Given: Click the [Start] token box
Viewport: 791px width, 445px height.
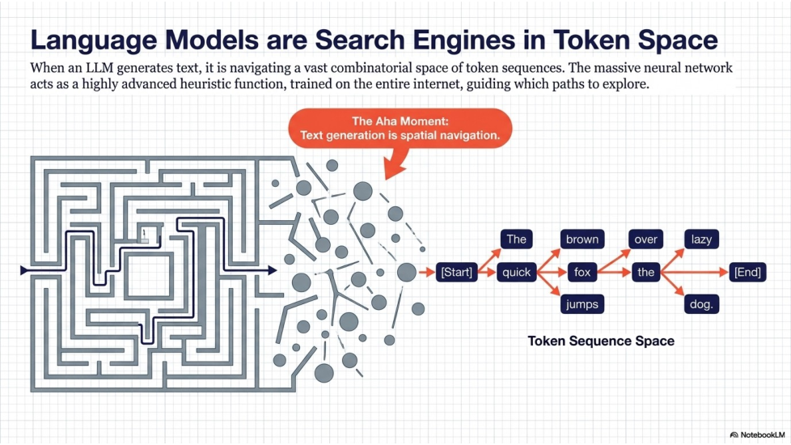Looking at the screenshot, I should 456,272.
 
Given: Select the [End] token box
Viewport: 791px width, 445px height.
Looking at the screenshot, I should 747,272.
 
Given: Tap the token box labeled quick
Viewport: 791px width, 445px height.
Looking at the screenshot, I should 517,272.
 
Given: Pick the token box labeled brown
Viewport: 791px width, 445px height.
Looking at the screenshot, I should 582,239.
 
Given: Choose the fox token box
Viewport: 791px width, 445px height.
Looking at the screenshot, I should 582,272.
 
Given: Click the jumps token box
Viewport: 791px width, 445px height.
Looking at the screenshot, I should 582,305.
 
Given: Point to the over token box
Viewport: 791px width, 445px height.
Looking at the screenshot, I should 645,239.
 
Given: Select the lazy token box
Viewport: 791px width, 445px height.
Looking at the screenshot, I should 700,239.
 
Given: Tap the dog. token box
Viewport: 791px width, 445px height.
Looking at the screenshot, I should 700,305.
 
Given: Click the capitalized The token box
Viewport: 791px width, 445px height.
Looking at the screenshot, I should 517,239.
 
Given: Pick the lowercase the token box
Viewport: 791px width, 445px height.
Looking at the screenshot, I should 645,272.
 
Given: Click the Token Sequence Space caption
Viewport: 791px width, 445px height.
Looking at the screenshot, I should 601,341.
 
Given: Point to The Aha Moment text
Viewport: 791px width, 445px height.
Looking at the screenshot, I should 400,121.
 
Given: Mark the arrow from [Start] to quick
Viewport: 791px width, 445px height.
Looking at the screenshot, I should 486,272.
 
